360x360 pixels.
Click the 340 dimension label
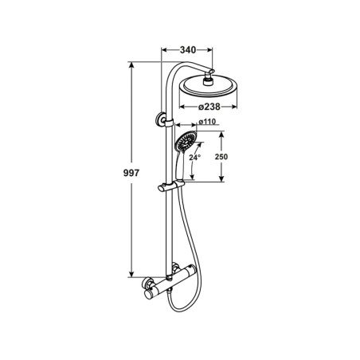coord(188,49)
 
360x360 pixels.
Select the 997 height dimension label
coord(131,173)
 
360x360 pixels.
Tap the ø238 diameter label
coord(209,107)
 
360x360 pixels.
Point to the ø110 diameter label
coord(207,122)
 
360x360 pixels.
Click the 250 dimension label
coord(221,157)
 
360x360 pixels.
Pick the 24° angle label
coord(194,158)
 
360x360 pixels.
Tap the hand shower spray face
coord(186,142)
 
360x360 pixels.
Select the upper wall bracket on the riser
coord(161,119)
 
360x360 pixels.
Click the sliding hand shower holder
coord(170,186)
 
